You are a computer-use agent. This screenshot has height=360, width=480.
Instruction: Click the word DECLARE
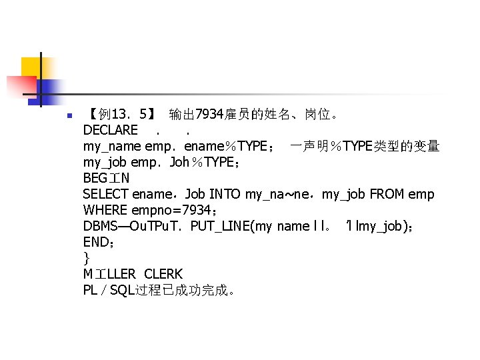click(x=111, y=130)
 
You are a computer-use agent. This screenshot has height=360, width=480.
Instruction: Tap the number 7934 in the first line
click(x=206, y=114)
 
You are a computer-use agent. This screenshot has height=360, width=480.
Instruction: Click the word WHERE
click(x=105, y=210)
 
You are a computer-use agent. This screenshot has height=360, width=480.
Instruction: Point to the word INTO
click(x=225, y=194)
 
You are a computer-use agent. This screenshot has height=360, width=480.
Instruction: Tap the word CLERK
click(x=163, y=274)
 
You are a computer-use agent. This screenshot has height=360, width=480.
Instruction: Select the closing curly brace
click(x=87, y=258)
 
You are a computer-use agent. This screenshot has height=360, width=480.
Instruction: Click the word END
click(x=95, y=242)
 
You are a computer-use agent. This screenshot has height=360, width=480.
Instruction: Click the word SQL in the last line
click(x=122, y=290)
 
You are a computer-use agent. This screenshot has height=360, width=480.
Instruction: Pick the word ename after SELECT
click(x=153, y=194)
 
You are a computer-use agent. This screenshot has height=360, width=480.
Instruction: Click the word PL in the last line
click(x=91, y=290)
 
